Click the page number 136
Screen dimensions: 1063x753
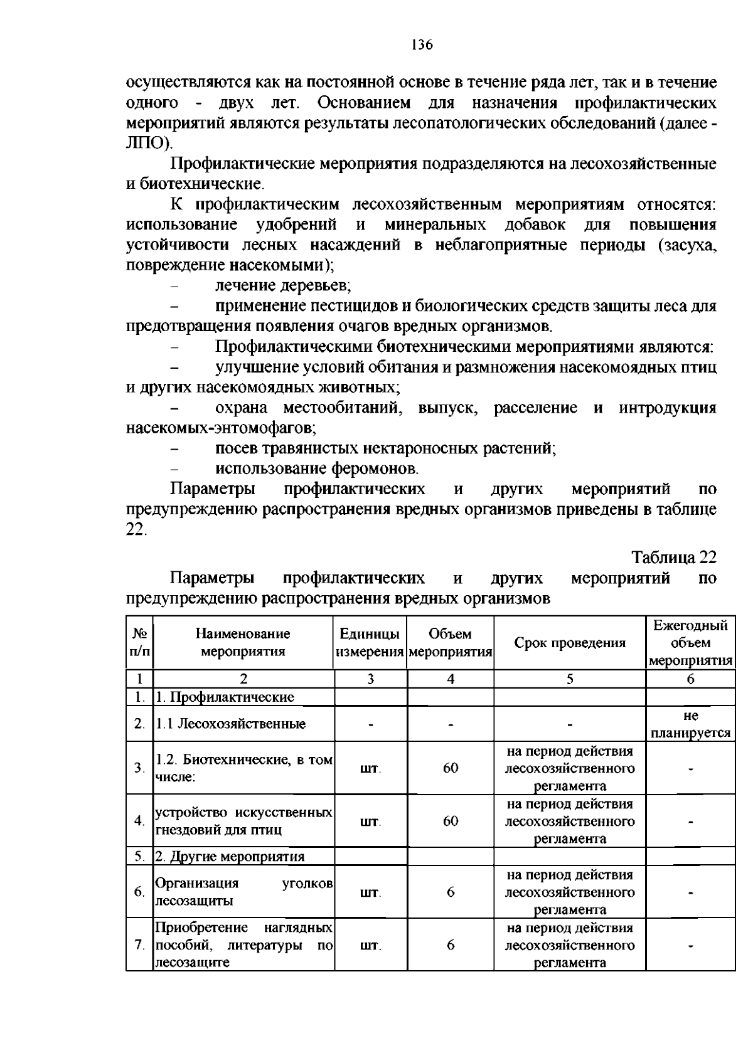point(422,45)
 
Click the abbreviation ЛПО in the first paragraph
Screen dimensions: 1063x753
point(147,142)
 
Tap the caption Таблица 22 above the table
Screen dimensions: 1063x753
point(673,557)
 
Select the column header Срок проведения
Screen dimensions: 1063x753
point(570,643)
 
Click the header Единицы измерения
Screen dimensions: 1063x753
point(370,643)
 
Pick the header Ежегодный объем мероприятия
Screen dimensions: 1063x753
point(690,643)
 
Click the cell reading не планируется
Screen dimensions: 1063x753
point(690,724)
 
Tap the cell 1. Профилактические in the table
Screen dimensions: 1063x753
point(225,697)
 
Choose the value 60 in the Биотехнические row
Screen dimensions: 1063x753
point(451,768)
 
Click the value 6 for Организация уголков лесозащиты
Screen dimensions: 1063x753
point(451,892)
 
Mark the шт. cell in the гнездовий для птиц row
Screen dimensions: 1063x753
point(370,821)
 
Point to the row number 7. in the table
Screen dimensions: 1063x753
point(139,945)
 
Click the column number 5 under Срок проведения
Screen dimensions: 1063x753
point(570,679)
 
